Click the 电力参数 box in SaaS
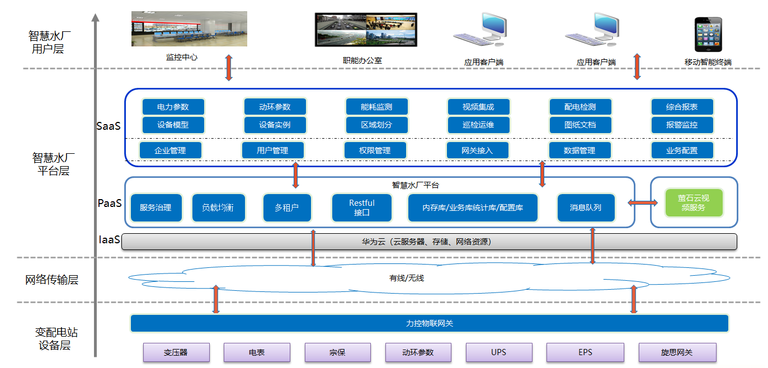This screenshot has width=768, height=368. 173,107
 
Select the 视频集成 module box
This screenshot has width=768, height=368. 478,107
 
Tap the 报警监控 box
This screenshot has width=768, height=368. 682,125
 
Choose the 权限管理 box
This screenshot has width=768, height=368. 375,150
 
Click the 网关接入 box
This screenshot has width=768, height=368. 477,150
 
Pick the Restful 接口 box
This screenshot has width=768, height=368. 361,207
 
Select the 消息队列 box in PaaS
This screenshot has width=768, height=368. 586,207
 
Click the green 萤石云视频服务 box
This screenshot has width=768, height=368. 694,202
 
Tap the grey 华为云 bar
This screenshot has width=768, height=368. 428,242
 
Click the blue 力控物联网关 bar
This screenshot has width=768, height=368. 429,323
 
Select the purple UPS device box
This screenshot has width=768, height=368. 498,352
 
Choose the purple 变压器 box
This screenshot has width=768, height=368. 176,352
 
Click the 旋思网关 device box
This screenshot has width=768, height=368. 677,352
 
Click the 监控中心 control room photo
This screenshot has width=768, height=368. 189,29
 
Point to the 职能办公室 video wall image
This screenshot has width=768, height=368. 366,30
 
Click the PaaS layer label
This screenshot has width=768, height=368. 110,203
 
